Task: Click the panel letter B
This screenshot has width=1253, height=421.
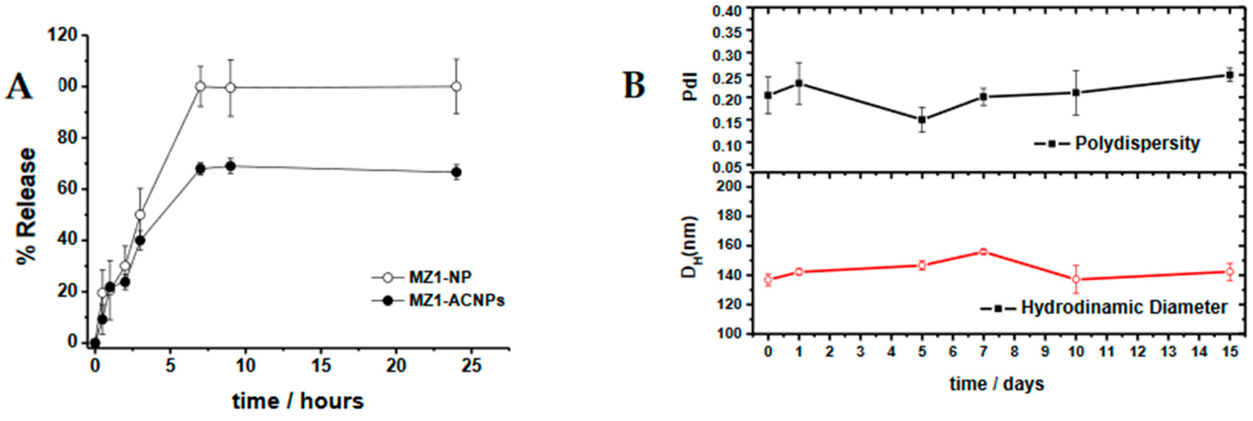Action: coord(635,85)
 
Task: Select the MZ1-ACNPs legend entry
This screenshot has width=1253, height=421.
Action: coord(456,301)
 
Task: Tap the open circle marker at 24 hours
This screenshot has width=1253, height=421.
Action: coord(456,87)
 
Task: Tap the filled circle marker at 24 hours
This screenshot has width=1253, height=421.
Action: coord(456,172)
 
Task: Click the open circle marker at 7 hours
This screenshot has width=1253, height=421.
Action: coord(200,87)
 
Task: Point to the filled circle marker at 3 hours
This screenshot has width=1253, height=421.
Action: coord(140,241)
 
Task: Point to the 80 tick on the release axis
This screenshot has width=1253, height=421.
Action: coord(68,138)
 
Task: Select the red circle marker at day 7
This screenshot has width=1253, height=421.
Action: coord(983,252)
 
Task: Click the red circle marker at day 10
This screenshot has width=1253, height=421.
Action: coord(1076,279)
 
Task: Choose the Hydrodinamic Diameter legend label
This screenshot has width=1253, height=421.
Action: coord(1124,308)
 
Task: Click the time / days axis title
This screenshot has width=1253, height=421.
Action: coord(997,384)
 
